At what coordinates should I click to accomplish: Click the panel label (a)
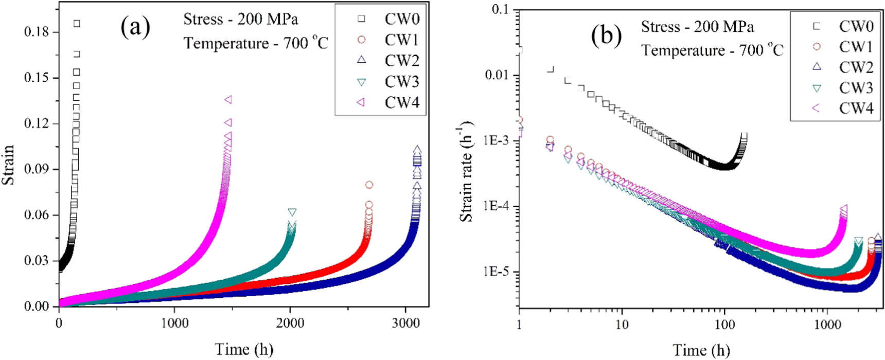(x=135, y=27)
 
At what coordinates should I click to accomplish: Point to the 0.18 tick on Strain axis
(x=37, y=32)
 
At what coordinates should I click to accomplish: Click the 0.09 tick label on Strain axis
(x=37, y=169)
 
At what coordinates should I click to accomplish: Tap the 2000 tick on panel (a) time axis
(x=290, y=323)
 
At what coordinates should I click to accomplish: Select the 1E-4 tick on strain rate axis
(x=495, y=206)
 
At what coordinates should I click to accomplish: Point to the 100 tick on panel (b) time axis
(x=724, y=324)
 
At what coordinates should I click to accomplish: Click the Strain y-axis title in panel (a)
(x=8, y=165)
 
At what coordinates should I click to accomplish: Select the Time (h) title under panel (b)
(x=701, y=350)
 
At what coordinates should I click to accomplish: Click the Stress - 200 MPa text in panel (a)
(x=241, y=20)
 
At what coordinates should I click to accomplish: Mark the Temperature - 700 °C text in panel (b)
(x=712, y=50)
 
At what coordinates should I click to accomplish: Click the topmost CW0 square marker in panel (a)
(x=77, y=24)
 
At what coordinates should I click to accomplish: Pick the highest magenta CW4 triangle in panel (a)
(x=228, y=99)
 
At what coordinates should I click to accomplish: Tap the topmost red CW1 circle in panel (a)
(x=369, y=185)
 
